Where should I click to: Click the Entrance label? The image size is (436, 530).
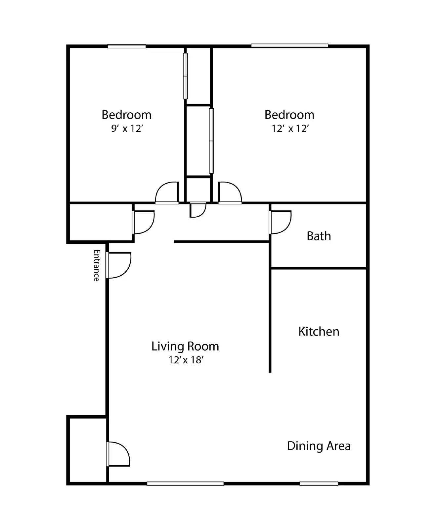click(96, 265)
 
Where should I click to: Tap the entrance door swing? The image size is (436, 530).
click(119, 265)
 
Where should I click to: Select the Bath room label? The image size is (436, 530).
click(319, 236)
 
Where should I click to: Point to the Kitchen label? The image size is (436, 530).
click(319, 331)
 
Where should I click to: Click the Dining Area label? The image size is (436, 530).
click(319, 446)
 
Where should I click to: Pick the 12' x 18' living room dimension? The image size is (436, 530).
click(185, 360)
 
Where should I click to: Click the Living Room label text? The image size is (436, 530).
click(185, 346)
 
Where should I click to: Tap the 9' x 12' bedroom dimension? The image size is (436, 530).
click(127, 129)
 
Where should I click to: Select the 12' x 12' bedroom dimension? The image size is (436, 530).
click(290, 129)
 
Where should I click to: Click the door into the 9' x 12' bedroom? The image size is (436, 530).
click(167, 193)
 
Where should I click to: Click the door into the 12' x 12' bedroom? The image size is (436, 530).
click(230, 193)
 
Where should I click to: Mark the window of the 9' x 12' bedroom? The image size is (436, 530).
click(127, 46)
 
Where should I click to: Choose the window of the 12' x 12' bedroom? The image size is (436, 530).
click(289, 46)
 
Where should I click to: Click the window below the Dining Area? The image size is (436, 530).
click(319, 484)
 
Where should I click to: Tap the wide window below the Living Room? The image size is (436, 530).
click(185, 484)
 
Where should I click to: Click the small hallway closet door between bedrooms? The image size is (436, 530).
click(197, 210)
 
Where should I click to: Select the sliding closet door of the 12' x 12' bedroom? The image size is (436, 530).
click(211, 141)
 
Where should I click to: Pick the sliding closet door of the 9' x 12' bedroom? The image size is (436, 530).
click(186, 76)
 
